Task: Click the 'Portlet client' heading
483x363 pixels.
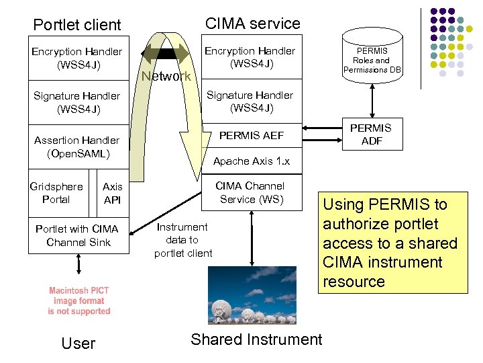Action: click(x=77, y=25)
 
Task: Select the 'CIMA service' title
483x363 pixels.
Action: click(x=252, y=24)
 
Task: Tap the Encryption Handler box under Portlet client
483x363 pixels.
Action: click(x=77, y=58)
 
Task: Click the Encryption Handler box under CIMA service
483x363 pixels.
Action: click(x=250, y=57)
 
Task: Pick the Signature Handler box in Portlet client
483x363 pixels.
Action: click(x=77, y=102)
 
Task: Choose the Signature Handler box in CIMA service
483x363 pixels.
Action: click(x=250, y=102)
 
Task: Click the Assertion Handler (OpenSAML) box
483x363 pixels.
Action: click(x=77, y=147)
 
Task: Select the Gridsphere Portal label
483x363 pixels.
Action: click(x=56, y=193)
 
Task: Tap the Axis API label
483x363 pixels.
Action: click(x=113, y=194)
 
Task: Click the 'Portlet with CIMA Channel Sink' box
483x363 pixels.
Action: click(x=77, y=235)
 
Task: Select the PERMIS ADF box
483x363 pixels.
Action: click(x=371, y=134)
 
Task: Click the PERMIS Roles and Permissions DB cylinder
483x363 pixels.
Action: click(x=372, y=59)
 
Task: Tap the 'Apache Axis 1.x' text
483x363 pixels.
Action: click(x=251, y=161)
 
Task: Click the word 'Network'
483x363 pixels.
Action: click(x=166, y=76)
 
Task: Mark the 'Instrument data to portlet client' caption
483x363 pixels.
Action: click(x=182, y=240)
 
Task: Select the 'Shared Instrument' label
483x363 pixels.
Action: click(x=256, y=339)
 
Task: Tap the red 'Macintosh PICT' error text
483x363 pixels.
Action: click(x=78, y=301)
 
